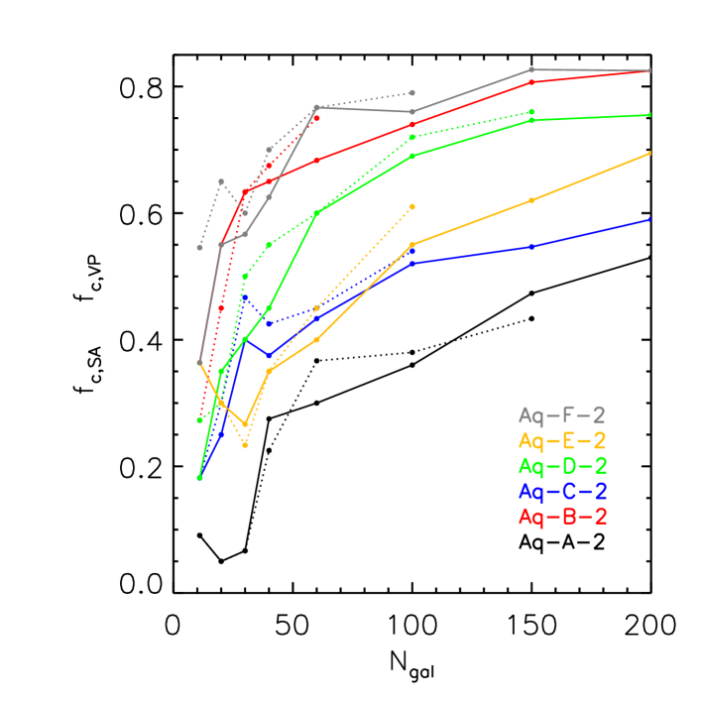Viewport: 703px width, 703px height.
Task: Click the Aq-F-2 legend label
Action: (x=561, y=415)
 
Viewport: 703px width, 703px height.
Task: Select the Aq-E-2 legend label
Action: (x=561, y=441)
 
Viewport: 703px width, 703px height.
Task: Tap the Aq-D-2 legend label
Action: (x=561, y=466)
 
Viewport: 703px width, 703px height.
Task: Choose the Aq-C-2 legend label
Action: (x=561, y=492)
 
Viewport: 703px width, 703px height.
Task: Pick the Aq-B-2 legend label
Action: (x=561, y=517)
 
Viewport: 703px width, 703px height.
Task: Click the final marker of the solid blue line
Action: (x=650, y=219)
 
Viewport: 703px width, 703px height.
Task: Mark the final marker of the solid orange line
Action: (x=650, y=153)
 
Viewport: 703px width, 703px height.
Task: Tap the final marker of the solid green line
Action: (x=650, y=115)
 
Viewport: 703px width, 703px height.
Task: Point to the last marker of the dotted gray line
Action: (x=412, y=93)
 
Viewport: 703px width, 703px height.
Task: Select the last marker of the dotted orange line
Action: (x=412, y=206)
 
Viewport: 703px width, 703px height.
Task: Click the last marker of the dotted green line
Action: (x=531, y=112)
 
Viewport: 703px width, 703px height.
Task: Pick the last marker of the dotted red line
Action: (x=316, y=119)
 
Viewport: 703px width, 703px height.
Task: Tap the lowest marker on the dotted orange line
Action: (x=245, y=445)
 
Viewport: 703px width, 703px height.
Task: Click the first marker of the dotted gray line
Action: (x=199, y=248)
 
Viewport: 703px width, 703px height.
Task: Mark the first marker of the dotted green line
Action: (x=199, y=420)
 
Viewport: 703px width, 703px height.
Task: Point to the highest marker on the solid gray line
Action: (x=531, y=69)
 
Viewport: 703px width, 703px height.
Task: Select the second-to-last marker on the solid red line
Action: (x=531, y=81)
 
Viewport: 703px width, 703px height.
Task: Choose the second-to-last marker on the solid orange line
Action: (x=531, y=200)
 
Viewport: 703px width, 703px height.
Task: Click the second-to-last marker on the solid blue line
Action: (x=531, y=246)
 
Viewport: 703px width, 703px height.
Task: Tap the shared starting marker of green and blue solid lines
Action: (x=199, y=478)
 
